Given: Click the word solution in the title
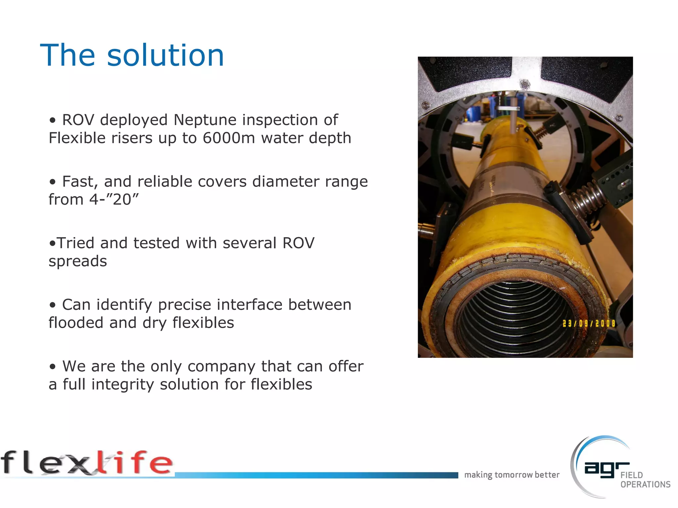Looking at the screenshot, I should click(166, 55).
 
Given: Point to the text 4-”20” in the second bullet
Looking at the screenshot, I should click(114, 199).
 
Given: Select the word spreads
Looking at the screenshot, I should click(78, 261).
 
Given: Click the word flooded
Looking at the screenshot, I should click(76, 323).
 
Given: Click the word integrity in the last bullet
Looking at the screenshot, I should click(122, 385).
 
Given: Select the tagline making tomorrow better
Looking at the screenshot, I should click(512, 475).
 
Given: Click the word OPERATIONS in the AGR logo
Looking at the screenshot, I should click(645, 485).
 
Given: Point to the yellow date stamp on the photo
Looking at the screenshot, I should click(589, 323).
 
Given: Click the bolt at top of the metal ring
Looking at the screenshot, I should click(524, 84).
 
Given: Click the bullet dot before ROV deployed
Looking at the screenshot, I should click(53, 120).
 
